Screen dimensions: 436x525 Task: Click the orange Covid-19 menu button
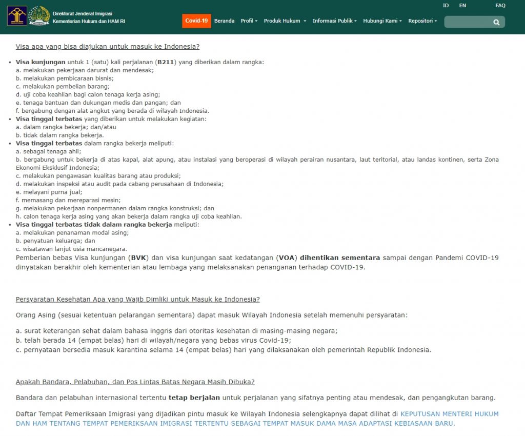[x=196, y=21]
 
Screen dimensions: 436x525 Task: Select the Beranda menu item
[x=224, y=21]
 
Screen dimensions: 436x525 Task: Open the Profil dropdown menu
[x=249, y=21]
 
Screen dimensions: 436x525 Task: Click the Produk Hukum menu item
[x=285, y=21]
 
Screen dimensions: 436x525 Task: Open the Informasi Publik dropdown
[x=335, y=21]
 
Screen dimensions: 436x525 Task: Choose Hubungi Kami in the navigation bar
[x=382, y=21]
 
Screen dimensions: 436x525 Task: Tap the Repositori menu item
[x=422, y=21]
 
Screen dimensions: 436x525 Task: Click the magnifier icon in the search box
[x=496, y=22]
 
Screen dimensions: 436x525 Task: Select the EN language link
[x=462, y=6]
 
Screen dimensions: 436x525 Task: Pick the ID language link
[x=446, y=6]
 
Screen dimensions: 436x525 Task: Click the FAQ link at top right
[x=500, y=6]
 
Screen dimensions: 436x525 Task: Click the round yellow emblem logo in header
[x=39, y=16]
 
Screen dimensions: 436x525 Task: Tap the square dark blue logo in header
[x=17, y=16]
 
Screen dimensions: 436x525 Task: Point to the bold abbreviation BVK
[x=138, y=257]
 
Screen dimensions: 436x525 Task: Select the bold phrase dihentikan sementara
[x=340, y=257]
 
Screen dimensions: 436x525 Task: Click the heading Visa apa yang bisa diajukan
[x=108, y=47]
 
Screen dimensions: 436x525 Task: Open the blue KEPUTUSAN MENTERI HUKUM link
[x=449, y=413]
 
